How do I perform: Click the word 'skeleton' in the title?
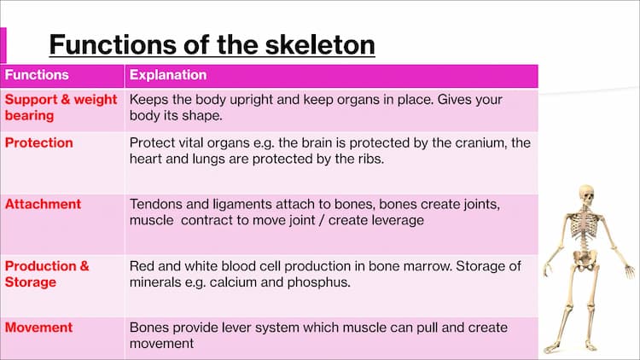coord(320,44)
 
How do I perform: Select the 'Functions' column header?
coord(37,75)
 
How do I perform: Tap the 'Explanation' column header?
coord(168,75)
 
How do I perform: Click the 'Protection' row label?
coord(38,142)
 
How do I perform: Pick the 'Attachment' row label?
coord(43,204)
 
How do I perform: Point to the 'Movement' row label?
coord(38,328)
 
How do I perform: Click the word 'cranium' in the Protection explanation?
coord(480,142)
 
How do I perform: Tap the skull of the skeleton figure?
coord(587,196)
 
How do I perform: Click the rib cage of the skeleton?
coord(585,224)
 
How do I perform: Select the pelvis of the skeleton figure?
coord(585,259)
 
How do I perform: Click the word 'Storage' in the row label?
coord(30,282)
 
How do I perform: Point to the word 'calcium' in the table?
coord(233,282)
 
